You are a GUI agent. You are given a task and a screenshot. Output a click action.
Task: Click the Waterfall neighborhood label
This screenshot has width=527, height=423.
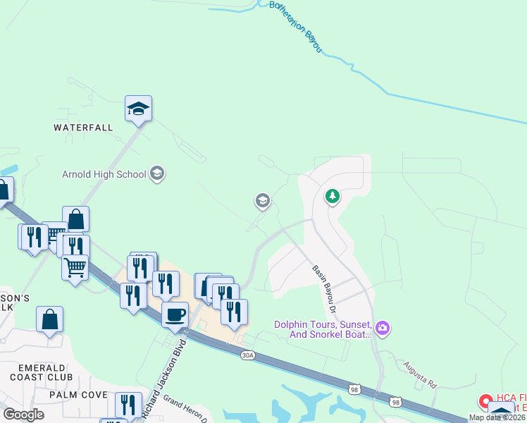point(83,128)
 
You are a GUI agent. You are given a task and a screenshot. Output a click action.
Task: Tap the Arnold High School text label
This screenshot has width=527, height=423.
point(104,174)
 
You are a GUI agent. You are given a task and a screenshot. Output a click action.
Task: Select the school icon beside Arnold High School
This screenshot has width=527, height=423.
point(157,173)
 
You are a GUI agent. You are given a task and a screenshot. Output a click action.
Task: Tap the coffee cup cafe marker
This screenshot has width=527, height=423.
point(175,315)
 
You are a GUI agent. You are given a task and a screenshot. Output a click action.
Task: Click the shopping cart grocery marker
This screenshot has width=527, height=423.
point(75,267)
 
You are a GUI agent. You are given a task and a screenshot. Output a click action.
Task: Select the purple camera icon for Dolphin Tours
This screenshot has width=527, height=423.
point(383,328)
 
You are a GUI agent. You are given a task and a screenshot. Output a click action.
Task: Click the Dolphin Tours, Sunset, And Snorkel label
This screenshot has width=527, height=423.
point(323,329)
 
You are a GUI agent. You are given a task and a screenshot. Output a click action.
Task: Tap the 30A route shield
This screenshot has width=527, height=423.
point(247,356)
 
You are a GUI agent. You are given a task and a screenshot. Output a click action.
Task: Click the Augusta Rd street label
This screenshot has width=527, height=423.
point(421,376)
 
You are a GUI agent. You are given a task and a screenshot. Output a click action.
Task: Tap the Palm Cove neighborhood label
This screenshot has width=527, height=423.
point(78,395)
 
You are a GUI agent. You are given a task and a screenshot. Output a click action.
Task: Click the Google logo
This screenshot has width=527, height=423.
point(24,415)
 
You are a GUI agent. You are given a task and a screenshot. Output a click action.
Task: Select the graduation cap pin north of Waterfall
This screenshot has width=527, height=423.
point(139,109)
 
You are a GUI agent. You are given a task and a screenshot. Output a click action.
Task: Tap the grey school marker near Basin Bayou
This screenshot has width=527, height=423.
point(263,202)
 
